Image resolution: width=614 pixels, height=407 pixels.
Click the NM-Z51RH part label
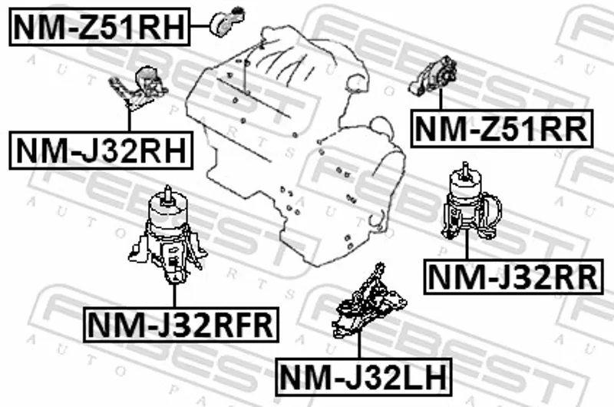(x=99, y=25)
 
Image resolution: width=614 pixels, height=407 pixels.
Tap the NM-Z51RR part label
(x=503, y=127)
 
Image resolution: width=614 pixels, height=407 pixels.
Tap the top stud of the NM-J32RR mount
(x=465, y=170)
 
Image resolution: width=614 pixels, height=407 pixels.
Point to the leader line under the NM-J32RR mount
(x=466, y=247)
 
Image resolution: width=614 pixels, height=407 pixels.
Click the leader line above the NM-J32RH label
(x=129, y=119)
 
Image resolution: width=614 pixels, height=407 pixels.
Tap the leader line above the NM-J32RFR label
(x=175, y=296)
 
